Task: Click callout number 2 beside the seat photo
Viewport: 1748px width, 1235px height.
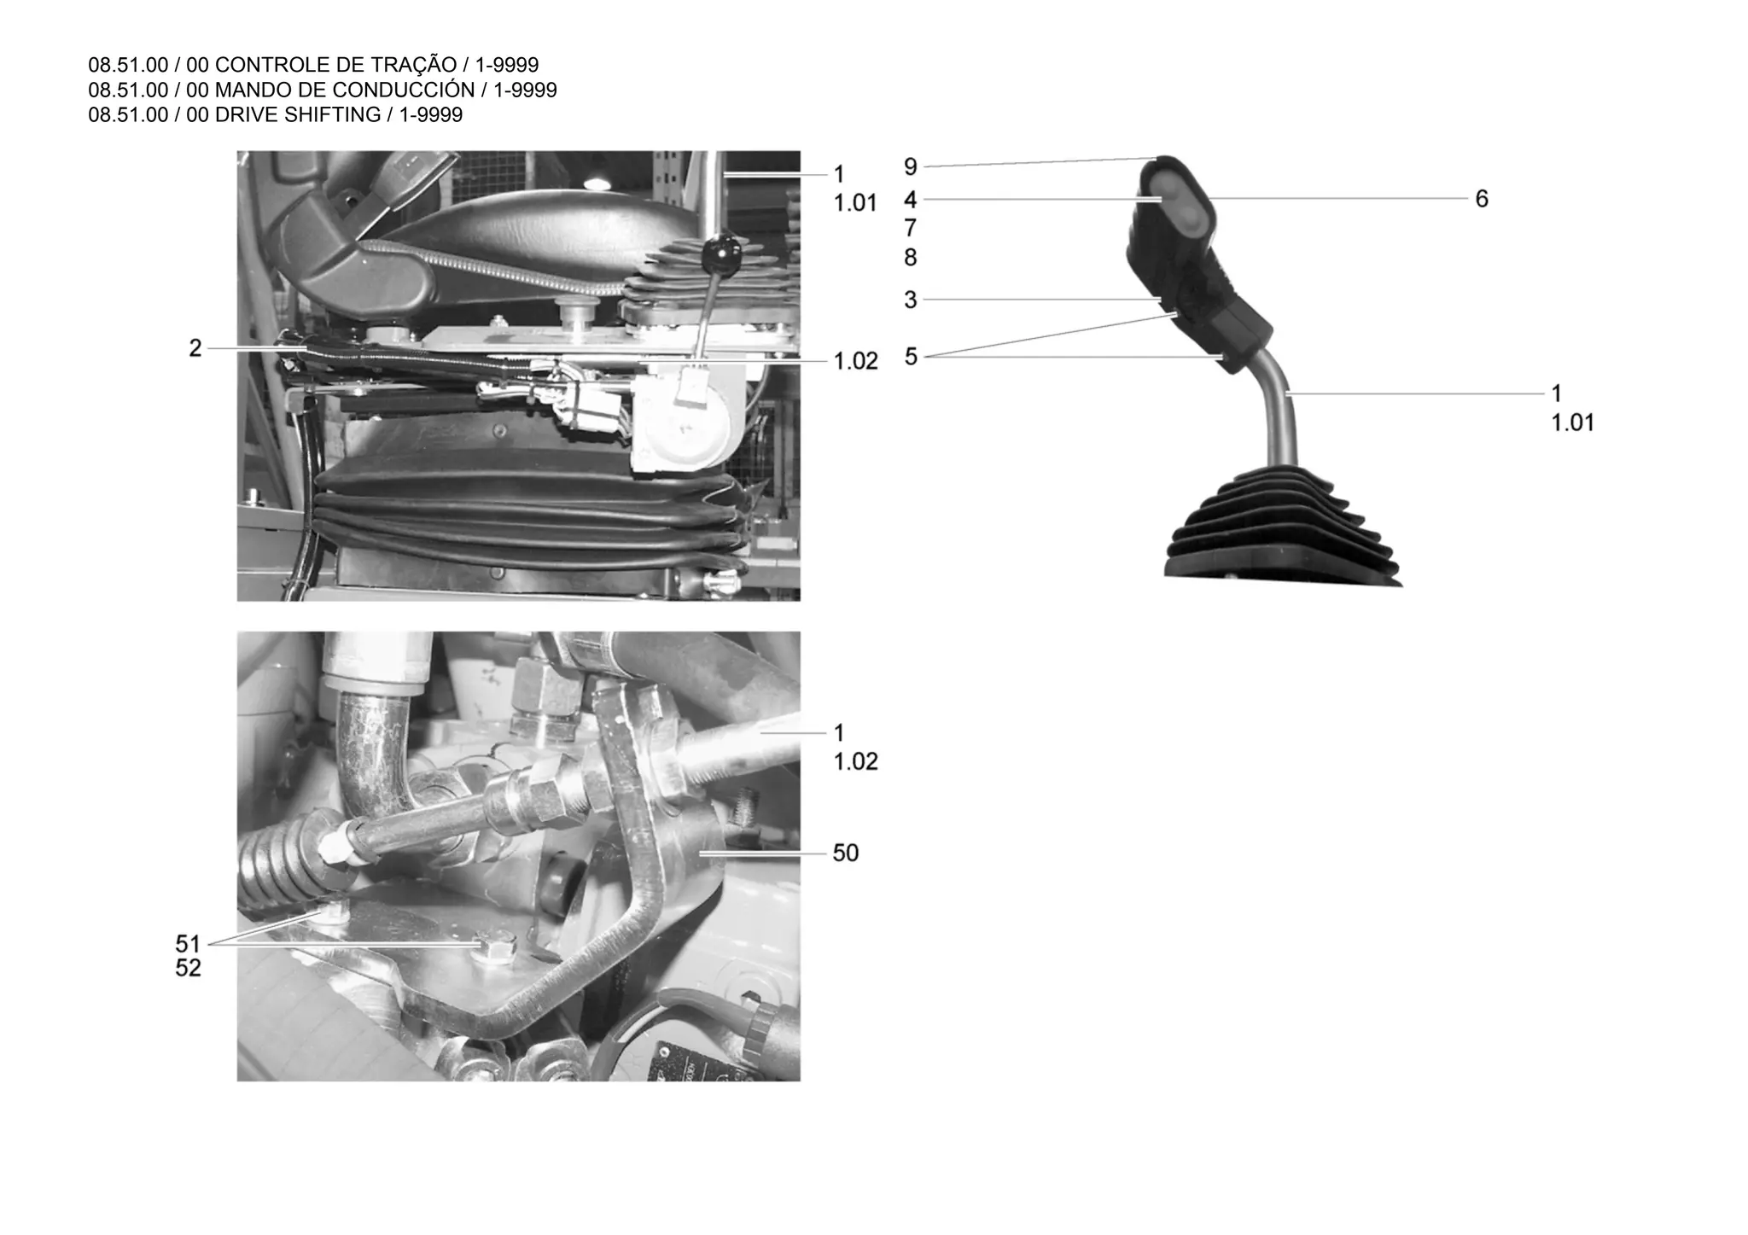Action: [x=195, y=348]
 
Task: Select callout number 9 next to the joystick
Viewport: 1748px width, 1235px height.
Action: [x=911, y=167]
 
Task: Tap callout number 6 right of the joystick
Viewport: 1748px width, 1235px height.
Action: [x=1482, y=199]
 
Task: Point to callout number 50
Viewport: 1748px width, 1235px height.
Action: [x=845, y=853]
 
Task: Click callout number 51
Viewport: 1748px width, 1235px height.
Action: [x=188, y=944]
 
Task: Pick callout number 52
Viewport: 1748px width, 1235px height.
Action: [x=188, y=969]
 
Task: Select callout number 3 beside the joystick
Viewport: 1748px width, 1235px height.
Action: [x=911, y=300]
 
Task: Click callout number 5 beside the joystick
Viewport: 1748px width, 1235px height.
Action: [x=911, y=357]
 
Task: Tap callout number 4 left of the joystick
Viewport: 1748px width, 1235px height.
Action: [x=911, y=200]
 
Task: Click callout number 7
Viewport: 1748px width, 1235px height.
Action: [x=911, y=229]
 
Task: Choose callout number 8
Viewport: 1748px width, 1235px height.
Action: [x=911, y=257]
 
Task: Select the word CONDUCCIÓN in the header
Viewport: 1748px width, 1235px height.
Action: [x=405, y=90]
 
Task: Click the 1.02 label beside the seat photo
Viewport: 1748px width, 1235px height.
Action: [x=855, y=362]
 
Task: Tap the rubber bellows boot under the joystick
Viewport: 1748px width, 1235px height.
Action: [x=1280, y=529]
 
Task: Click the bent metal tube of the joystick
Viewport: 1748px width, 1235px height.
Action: [x=1279, y=410]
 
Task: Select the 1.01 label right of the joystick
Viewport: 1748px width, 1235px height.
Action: [x=1572, y=423]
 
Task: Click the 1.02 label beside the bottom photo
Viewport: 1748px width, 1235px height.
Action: [x=855, y=761]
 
